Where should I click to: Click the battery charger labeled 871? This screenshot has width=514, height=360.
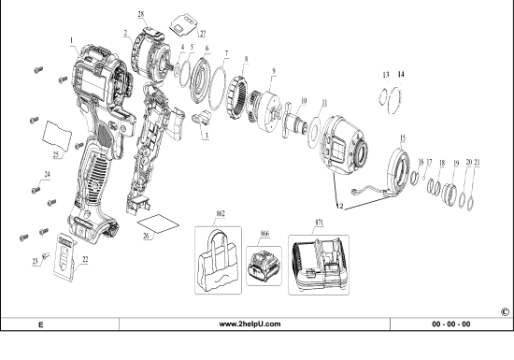point(322,261)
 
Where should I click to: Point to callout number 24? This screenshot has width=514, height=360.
point(46,174)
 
